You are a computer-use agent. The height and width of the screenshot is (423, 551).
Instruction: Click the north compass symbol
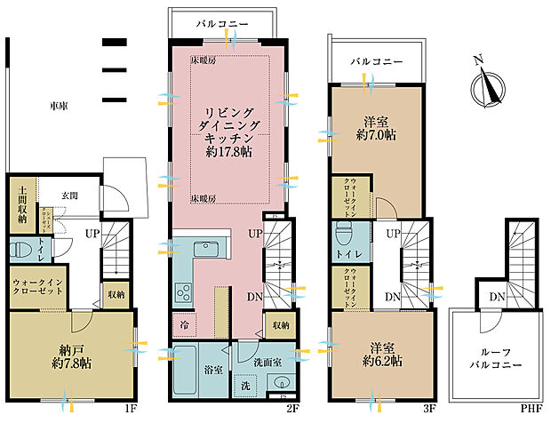pos(488,87)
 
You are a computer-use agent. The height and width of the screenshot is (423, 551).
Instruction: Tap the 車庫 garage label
pos(59,106)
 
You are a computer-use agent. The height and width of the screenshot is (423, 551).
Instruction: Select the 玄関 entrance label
pos(72,196)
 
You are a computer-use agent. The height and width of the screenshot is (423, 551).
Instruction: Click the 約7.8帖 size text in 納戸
pos(72,363)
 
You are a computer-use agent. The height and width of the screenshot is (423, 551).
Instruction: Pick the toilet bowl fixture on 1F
pos(20,248)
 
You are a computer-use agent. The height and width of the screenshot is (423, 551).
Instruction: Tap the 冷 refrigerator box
pos(182,323)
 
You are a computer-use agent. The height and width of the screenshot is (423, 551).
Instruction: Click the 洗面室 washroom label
pos(266,363)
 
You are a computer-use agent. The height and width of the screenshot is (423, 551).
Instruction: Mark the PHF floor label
pos(531,410)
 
